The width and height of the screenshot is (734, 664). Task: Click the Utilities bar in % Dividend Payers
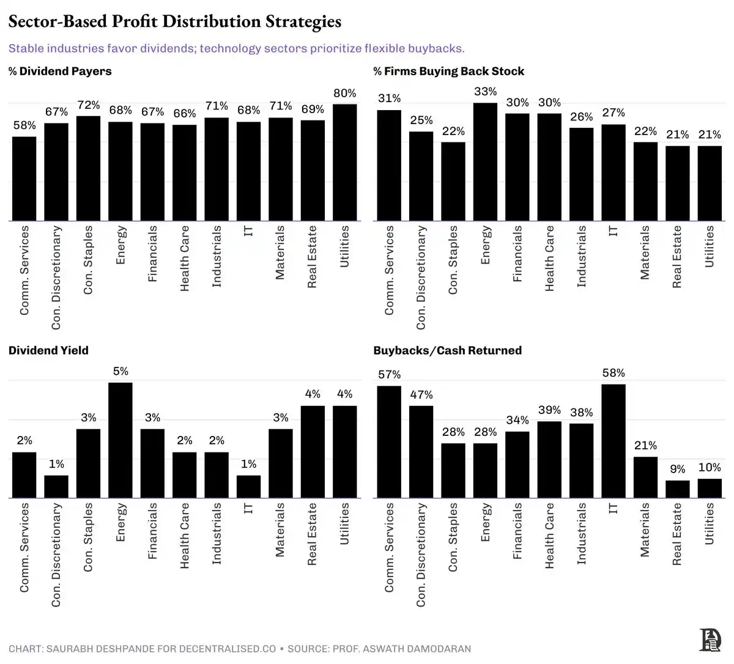(x=344, y=163)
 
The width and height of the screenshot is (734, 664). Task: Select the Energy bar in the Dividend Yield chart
(x=120, y=440)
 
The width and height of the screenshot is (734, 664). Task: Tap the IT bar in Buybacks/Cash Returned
(x=614, y=441)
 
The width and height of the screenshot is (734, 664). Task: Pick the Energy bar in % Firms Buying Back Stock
(x=486, y=162)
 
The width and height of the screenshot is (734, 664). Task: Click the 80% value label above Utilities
(x=344, y=93)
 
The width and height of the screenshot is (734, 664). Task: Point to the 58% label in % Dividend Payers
(x=24, y=125)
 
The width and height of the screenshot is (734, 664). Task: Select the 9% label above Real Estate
(x=677, y=469)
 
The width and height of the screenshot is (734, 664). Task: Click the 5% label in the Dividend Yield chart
(x=120, y=371)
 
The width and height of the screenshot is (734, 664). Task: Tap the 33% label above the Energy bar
(x=486, y=92)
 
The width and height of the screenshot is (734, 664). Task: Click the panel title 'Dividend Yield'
(x=48, y=350)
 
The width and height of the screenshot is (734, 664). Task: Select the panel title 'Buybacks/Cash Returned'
(x=447, y=350)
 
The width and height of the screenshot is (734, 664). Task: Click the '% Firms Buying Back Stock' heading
(x=448, y=71)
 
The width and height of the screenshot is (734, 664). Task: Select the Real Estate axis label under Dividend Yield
(x=312, y=533)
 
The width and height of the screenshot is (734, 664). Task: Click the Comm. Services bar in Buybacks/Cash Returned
(x=389, y=442)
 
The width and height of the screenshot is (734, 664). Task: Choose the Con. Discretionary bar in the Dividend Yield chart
(x=56, y=487)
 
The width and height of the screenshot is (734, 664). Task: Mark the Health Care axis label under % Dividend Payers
(x=185, y=257)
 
